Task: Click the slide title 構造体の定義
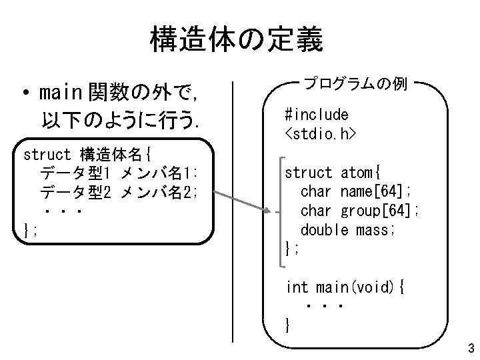237,40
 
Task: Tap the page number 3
471,348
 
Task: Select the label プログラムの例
355,85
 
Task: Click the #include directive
316,114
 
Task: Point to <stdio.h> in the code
320,134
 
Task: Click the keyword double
324,231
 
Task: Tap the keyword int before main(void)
297,288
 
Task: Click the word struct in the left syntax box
47,155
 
